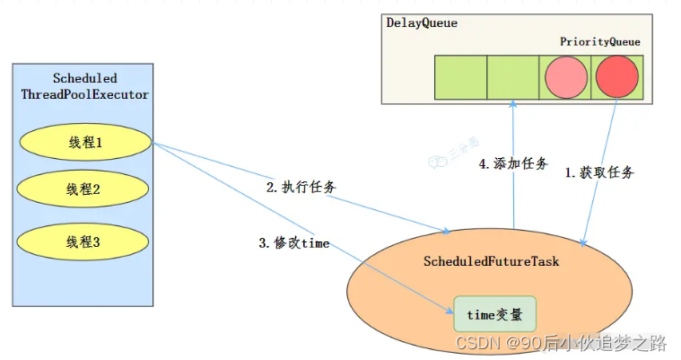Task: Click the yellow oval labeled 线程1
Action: [84, 142]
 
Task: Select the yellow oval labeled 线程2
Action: [84, 189]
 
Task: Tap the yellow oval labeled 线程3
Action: [84, 241]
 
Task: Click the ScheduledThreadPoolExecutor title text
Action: [84, 86]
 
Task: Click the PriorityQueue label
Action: [600, 41]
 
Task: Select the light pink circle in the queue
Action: [565, 77]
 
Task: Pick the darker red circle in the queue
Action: [616, 77]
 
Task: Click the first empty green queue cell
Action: [461, 77]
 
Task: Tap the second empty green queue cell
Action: [513, 77]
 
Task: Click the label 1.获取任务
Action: [598, 172]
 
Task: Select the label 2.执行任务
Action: [301, 188]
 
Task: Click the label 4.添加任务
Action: [513, 164]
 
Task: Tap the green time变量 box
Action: [494, 314]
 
